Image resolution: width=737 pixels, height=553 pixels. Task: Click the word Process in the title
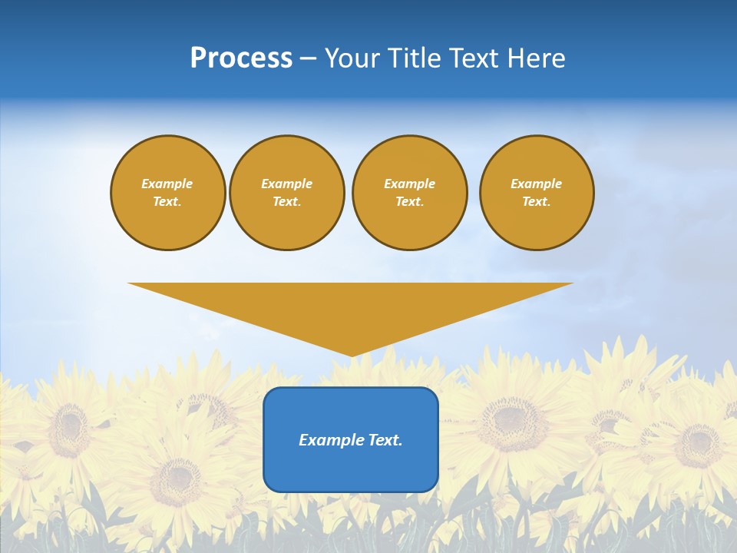click(241, 58)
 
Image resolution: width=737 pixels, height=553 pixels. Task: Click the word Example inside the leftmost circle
click(167, 184)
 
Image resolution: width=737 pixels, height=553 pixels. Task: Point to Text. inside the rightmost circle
click(537, 202)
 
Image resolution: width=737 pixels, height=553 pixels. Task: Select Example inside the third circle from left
click(410, 184)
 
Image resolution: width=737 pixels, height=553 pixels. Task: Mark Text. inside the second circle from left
click(287, 202)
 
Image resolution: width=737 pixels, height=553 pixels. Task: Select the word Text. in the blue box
click(384, 440)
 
